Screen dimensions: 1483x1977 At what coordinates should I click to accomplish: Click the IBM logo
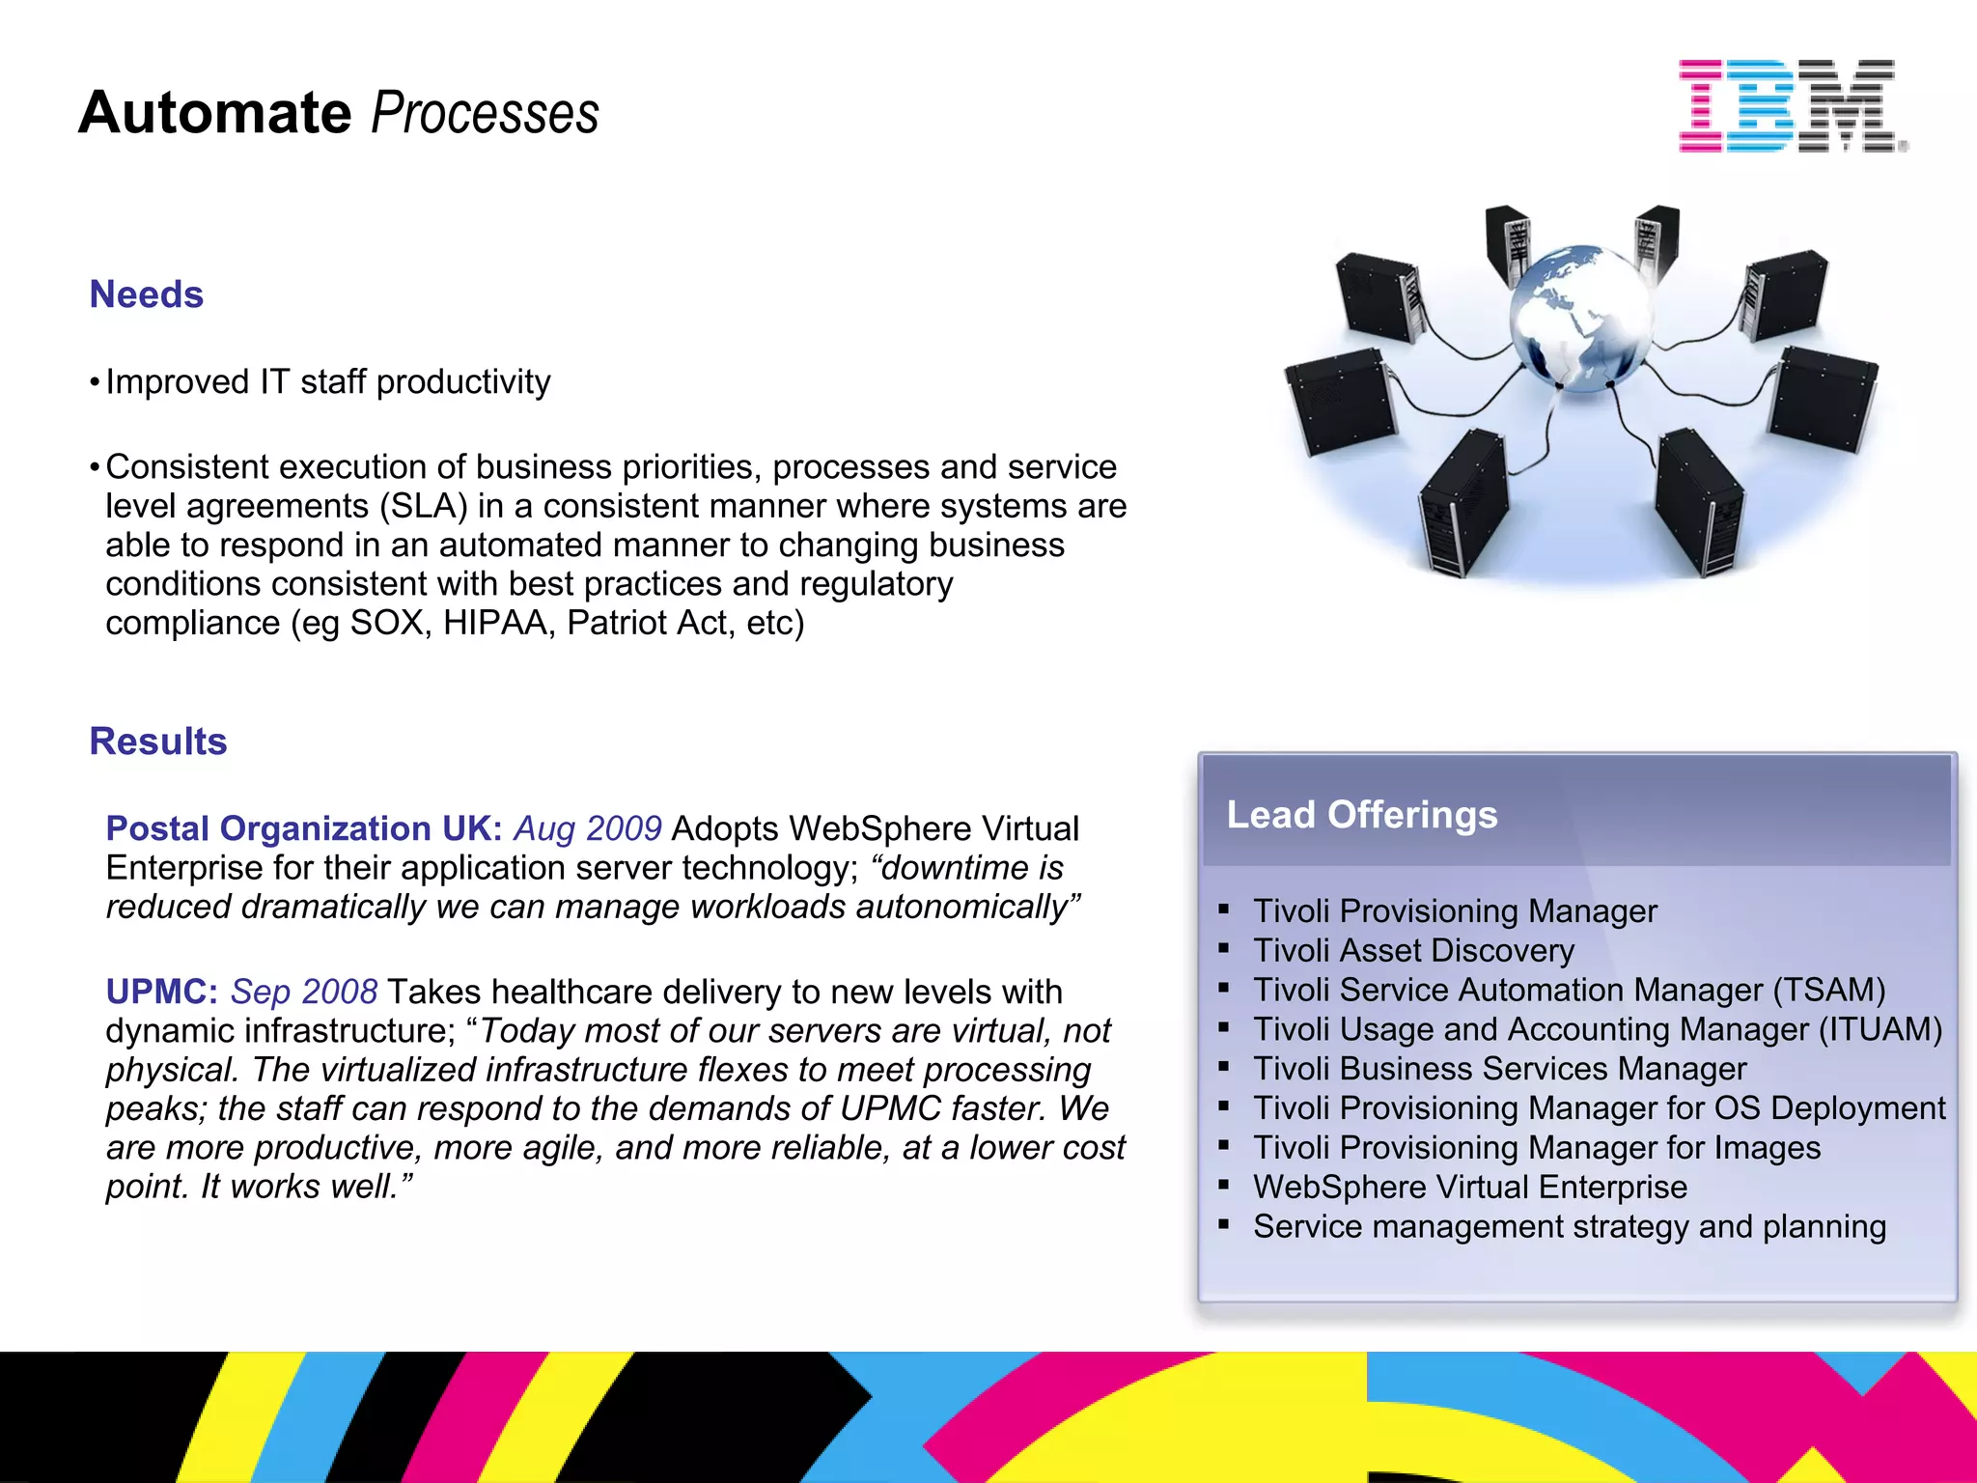pos(1792,105)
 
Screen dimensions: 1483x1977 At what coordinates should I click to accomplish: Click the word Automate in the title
pos(214,113)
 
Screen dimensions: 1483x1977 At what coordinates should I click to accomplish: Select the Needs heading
pos(146,294)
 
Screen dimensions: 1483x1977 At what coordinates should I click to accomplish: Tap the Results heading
pos(158,741)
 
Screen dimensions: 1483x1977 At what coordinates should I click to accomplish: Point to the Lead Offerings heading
pos(1361,815)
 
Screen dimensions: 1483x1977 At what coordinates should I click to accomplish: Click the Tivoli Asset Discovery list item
pos(1413,951)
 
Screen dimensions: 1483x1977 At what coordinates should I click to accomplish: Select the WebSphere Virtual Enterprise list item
pos(1469,1188)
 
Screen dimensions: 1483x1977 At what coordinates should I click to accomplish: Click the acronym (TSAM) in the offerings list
pos(1828,991)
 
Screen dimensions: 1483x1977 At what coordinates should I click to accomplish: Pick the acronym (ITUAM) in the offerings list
pos(1880,1030)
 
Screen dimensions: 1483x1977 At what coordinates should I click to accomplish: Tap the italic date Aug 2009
pos(587,829)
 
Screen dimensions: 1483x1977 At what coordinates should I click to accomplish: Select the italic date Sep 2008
pos(304,993)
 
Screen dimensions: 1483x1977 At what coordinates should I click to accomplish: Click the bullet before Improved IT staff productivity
pos(95,383)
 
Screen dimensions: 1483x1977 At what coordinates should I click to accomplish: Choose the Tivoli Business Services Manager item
pos(1499,1070)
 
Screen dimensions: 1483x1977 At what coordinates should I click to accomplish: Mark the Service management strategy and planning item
pos(1569,1227)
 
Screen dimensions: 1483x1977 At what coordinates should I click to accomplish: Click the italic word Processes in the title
pos(485,113)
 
